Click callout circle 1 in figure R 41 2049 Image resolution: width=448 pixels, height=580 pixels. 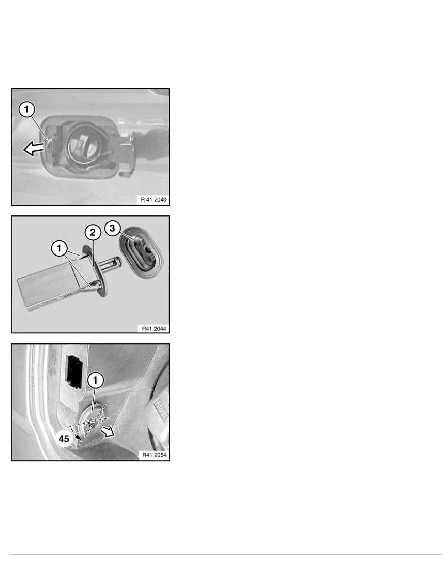(x=27, y=110)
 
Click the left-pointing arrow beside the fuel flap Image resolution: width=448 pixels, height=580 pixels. (x=34, y=149)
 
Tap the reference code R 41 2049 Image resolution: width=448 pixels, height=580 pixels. (x=153, y=200)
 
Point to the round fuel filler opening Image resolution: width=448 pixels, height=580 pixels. (x=84, y=145)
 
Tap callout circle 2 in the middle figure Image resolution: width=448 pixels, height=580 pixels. (x=92, y=232)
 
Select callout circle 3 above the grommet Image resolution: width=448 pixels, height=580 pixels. (x=112, y=228)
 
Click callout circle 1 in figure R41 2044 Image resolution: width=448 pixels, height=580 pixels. (x=59, y=248)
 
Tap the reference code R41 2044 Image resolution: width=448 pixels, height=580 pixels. (x=154, y=329)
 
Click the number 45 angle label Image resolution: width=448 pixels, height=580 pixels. (x=64, y=439)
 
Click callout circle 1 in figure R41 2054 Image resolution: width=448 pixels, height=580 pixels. (x=96, y=380)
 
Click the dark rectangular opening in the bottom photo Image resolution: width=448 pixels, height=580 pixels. (x=74, y=372)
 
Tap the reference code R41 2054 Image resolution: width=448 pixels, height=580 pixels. (x=154, y=455)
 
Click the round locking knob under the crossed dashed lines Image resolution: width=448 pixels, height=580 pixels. (x=90, y=419)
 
